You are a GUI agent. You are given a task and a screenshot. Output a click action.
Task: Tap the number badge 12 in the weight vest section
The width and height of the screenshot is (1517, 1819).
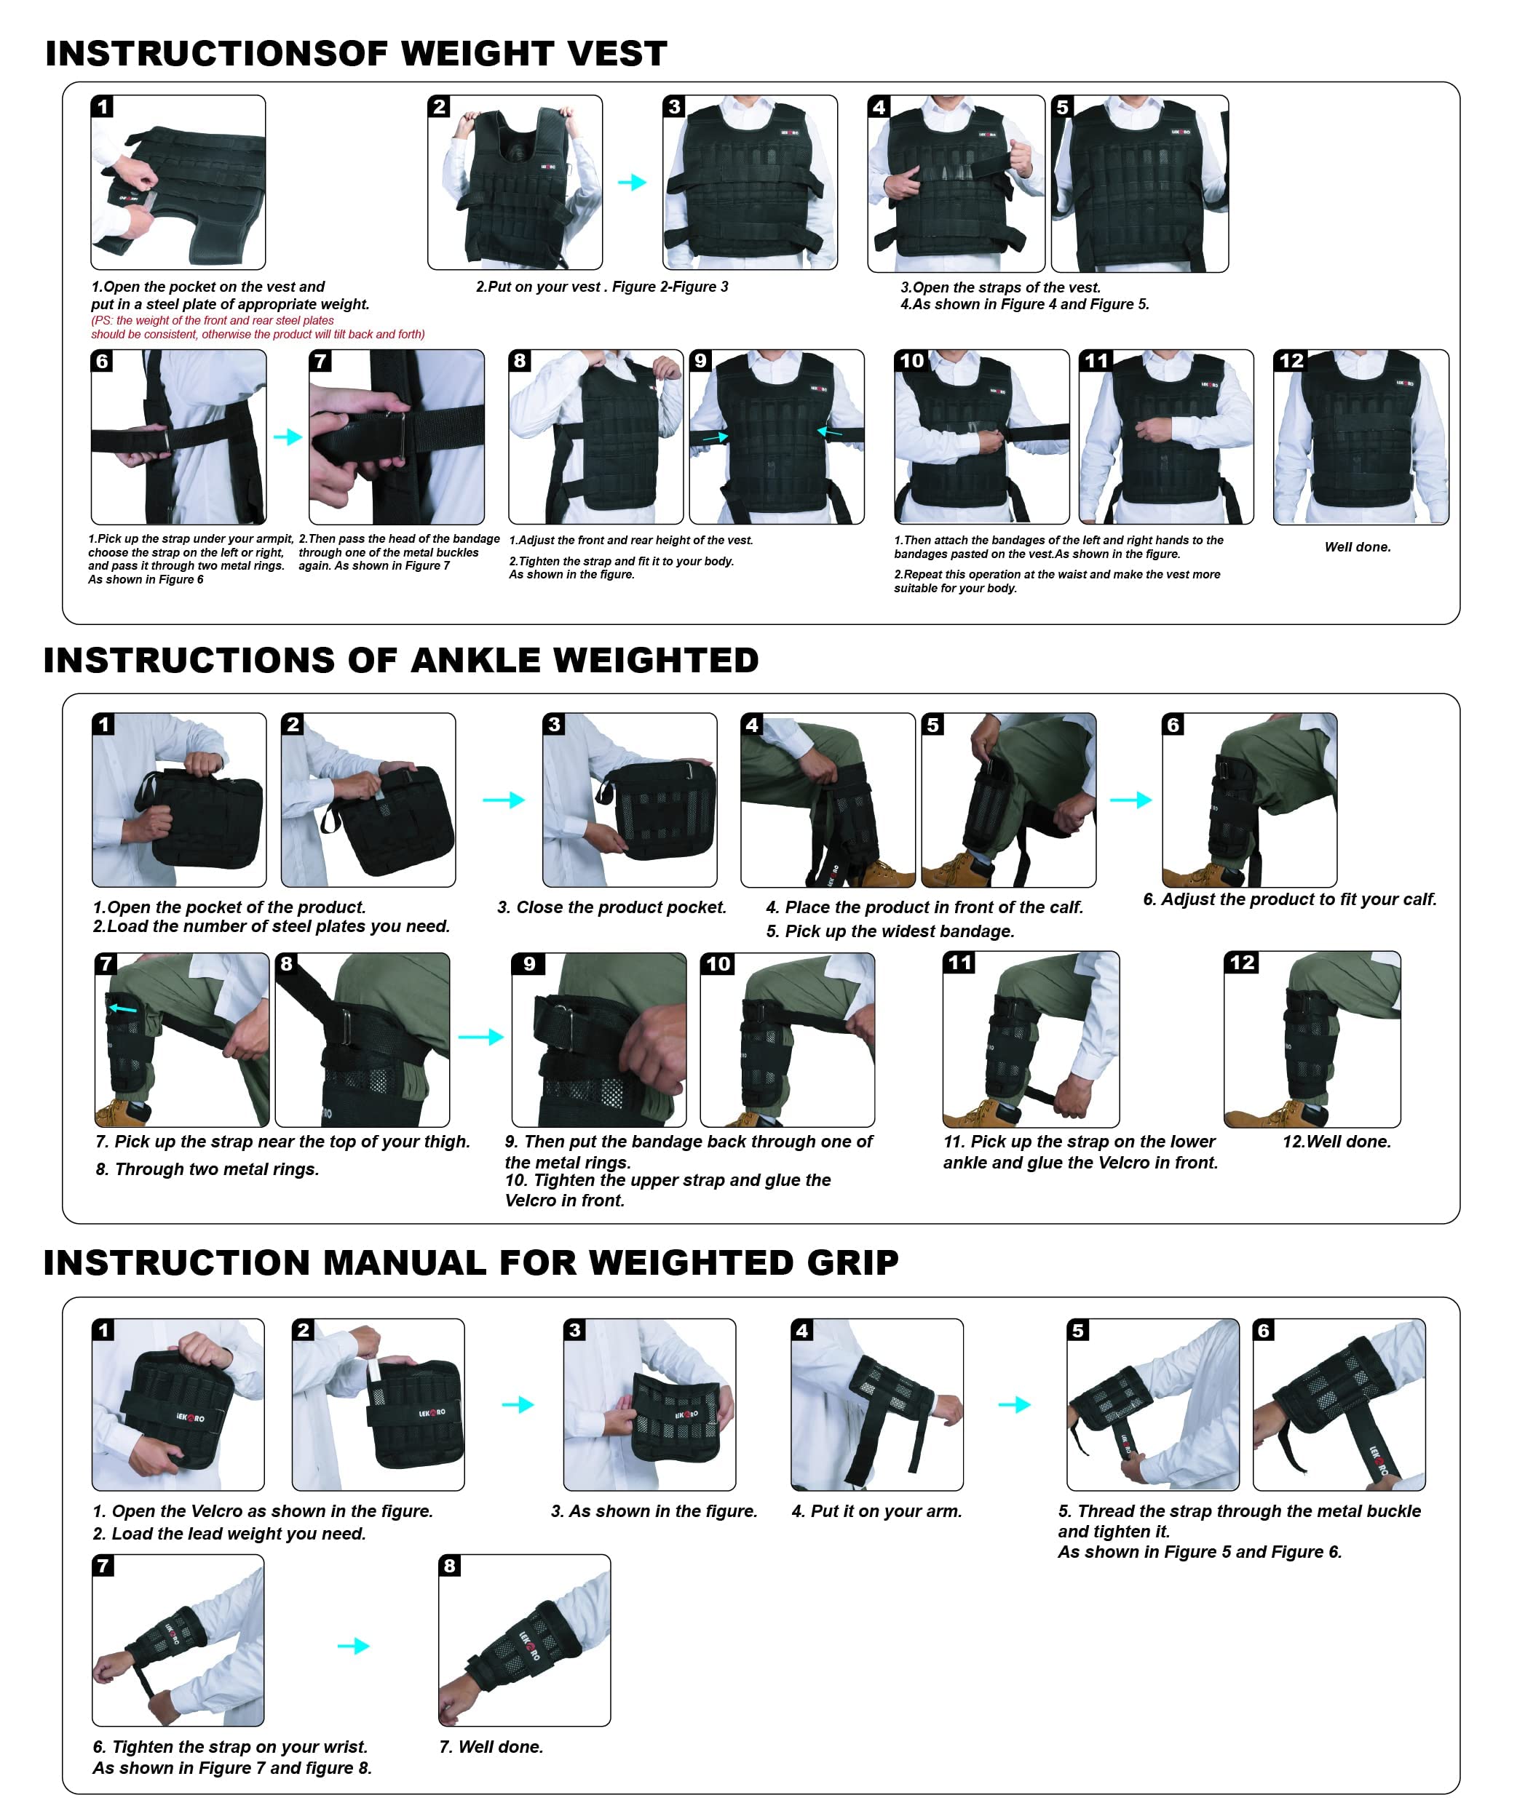[1291, 360]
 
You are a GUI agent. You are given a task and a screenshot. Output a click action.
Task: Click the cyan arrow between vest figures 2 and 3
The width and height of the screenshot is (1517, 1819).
[633, 182]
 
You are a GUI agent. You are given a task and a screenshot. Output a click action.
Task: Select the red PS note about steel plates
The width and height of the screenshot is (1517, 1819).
[257, 327]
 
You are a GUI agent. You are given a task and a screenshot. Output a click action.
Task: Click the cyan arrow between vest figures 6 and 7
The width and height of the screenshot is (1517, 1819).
[288, 437]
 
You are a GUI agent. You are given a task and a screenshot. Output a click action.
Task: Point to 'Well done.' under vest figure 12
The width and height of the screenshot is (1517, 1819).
[1357, 546]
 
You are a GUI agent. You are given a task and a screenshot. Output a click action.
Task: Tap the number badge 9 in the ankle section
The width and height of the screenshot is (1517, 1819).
[528, 963]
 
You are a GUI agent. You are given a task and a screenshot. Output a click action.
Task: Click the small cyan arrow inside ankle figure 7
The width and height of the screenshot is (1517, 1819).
[123, 1008]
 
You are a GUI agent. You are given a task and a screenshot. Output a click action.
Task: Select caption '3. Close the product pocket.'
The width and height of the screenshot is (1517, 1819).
[611, 907]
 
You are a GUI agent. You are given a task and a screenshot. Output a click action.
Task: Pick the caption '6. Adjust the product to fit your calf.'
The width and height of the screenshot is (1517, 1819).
[1289, 899]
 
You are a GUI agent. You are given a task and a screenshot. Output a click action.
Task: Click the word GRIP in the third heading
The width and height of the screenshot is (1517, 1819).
[852, 1262]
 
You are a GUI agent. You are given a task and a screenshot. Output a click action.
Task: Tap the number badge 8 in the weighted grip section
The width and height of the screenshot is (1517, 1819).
[450, 1565]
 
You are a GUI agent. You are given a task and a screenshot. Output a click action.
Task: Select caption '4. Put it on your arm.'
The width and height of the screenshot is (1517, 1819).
[876, 1510]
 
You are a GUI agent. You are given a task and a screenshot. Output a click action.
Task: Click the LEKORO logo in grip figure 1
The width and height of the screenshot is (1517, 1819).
[191, 1417]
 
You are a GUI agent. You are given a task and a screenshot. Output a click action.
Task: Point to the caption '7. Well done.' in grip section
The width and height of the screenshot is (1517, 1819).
[491, 1746]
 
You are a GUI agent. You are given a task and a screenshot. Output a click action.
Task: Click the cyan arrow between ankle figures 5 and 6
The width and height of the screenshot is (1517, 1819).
[1130, 800]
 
